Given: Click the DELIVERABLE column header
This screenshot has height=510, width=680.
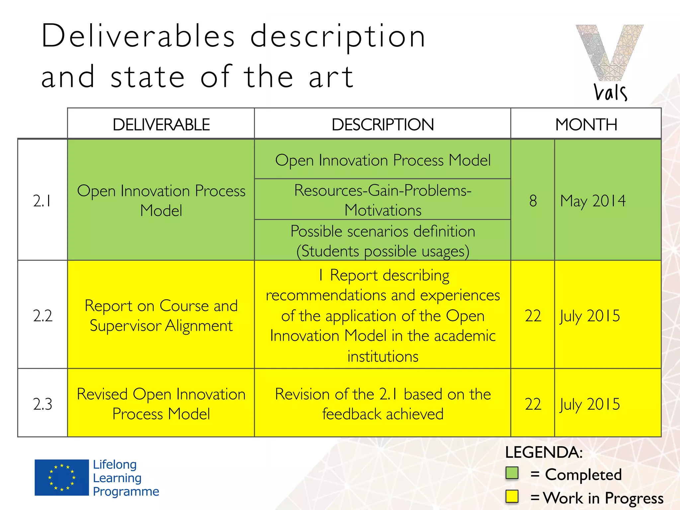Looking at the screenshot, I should (161, 125).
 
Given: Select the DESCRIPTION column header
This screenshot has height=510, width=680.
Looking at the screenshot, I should (382, 125).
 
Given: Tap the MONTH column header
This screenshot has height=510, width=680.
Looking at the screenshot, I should (586, 125).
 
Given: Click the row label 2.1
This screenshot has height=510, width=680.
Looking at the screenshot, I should (42, 201).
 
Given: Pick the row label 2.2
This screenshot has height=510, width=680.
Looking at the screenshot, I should (42, 315).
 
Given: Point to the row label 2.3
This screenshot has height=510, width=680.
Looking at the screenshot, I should (42, 404).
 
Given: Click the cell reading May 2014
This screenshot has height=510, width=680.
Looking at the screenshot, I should (593, 201).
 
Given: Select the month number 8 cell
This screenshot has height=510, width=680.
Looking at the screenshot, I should (533, 201).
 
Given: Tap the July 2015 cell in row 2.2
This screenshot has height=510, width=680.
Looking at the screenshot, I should (590, 315).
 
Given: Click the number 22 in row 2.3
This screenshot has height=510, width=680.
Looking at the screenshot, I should (533, 404).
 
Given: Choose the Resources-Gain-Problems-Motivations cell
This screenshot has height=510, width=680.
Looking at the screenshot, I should (382, 200).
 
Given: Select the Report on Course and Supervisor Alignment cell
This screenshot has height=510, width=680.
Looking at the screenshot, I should (161, 315).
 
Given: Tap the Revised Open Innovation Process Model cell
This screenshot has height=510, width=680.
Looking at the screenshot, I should (161, 404).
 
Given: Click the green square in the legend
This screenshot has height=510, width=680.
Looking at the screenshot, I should (512, 473).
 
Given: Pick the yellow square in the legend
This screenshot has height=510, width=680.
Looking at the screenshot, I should (512, 496).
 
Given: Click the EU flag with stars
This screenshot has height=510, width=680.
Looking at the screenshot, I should (62, 477).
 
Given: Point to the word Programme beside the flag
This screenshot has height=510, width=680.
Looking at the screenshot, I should (126, 491).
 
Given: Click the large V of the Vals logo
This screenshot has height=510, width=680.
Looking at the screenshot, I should (609, 53).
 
